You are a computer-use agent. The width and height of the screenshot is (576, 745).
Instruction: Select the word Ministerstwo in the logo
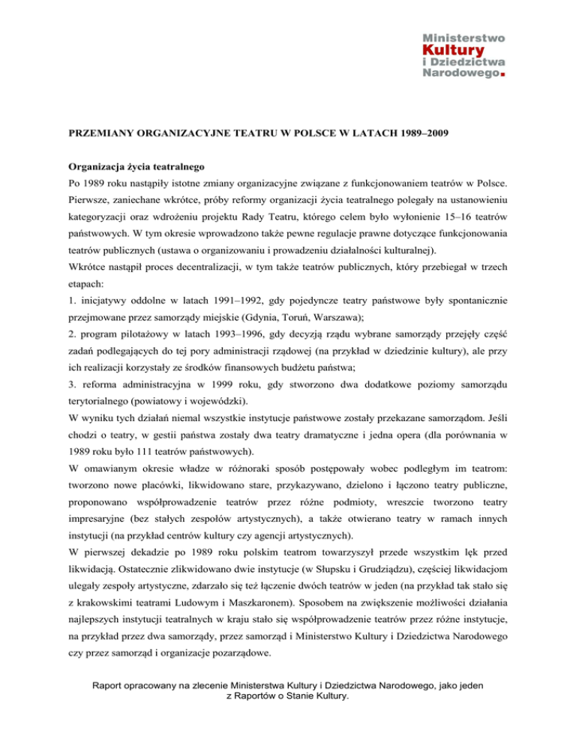point(466,37)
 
